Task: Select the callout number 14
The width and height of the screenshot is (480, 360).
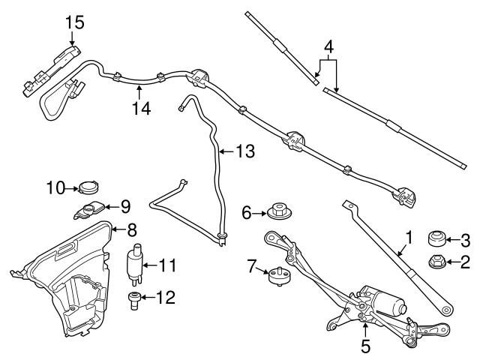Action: click(x=140, y=109)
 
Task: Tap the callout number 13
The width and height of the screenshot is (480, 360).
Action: click(x=244, y=151)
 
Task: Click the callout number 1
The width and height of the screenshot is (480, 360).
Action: click(x=409, y=239)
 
